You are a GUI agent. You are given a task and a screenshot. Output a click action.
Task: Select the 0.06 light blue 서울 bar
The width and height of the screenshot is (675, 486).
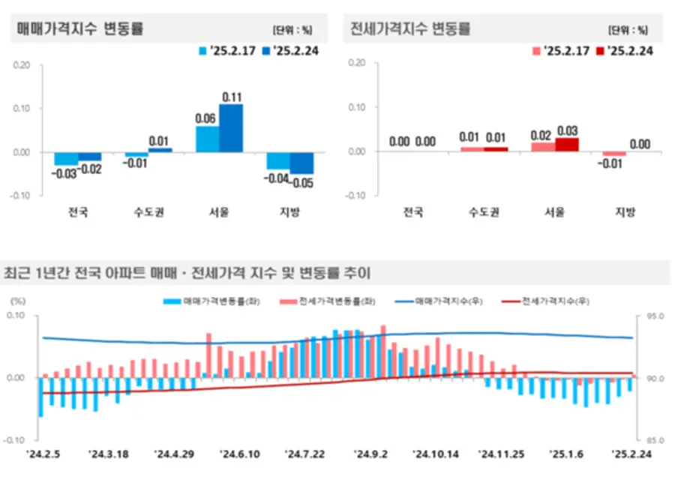[x=207, y=139]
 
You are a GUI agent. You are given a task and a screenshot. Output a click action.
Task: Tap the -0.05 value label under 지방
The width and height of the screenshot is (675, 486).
[x=302, y=182]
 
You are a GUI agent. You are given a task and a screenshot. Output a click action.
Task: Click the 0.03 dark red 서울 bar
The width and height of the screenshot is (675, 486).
[x=567, y=145]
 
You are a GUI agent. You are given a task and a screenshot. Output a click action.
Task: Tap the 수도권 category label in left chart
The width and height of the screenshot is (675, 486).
[x=148, y=212]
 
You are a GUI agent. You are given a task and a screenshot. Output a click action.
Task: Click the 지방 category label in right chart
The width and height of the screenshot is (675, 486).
[x=625, y=212]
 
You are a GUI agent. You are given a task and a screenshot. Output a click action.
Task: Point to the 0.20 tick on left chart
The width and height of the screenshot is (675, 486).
[x=22, y=64]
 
